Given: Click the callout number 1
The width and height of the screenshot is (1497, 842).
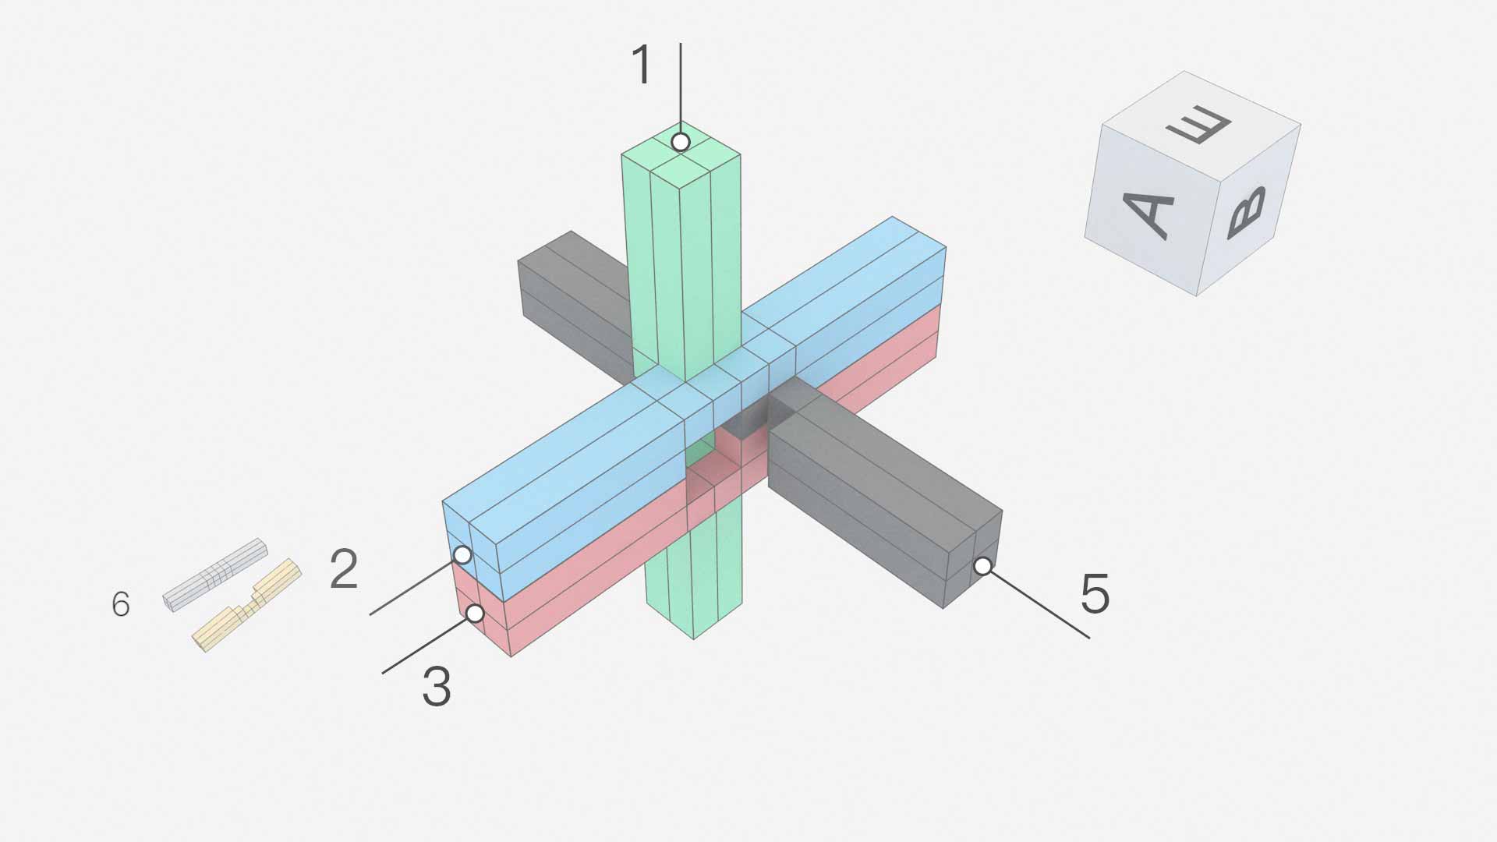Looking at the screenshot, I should point(641,65).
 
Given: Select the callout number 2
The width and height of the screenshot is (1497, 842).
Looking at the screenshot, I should point(344,569).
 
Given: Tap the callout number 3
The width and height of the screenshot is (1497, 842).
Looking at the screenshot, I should point(437,687).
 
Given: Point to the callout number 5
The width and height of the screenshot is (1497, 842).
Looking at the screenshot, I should point(1095,594).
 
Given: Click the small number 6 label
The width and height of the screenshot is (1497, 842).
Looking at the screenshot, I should point(121,604).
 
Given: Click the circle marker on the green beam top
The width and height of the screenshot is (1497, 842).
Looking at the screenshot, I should point(681,142).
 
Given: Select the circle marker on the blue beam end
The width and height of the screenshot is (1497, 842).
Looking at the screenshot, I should point(462,555).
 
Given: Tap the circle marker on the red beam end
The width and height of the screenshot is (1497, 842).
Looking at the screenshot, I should point(475,614).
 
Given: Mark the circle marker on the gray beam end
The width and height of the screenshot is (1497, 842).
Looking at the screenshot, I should point(983,566).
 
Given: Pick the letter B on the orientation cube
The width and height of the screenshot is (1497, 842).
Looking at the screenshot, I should point(1245,212).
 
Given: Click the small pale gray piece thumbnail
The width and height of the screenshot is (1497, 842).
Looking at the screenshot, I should point(215,575).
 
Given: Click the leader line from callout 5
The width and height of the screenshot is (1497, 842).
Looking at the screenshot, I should point(1037,603).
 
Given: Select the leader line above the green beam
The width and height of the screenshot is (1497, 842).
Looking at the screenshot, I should point(681,86).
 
